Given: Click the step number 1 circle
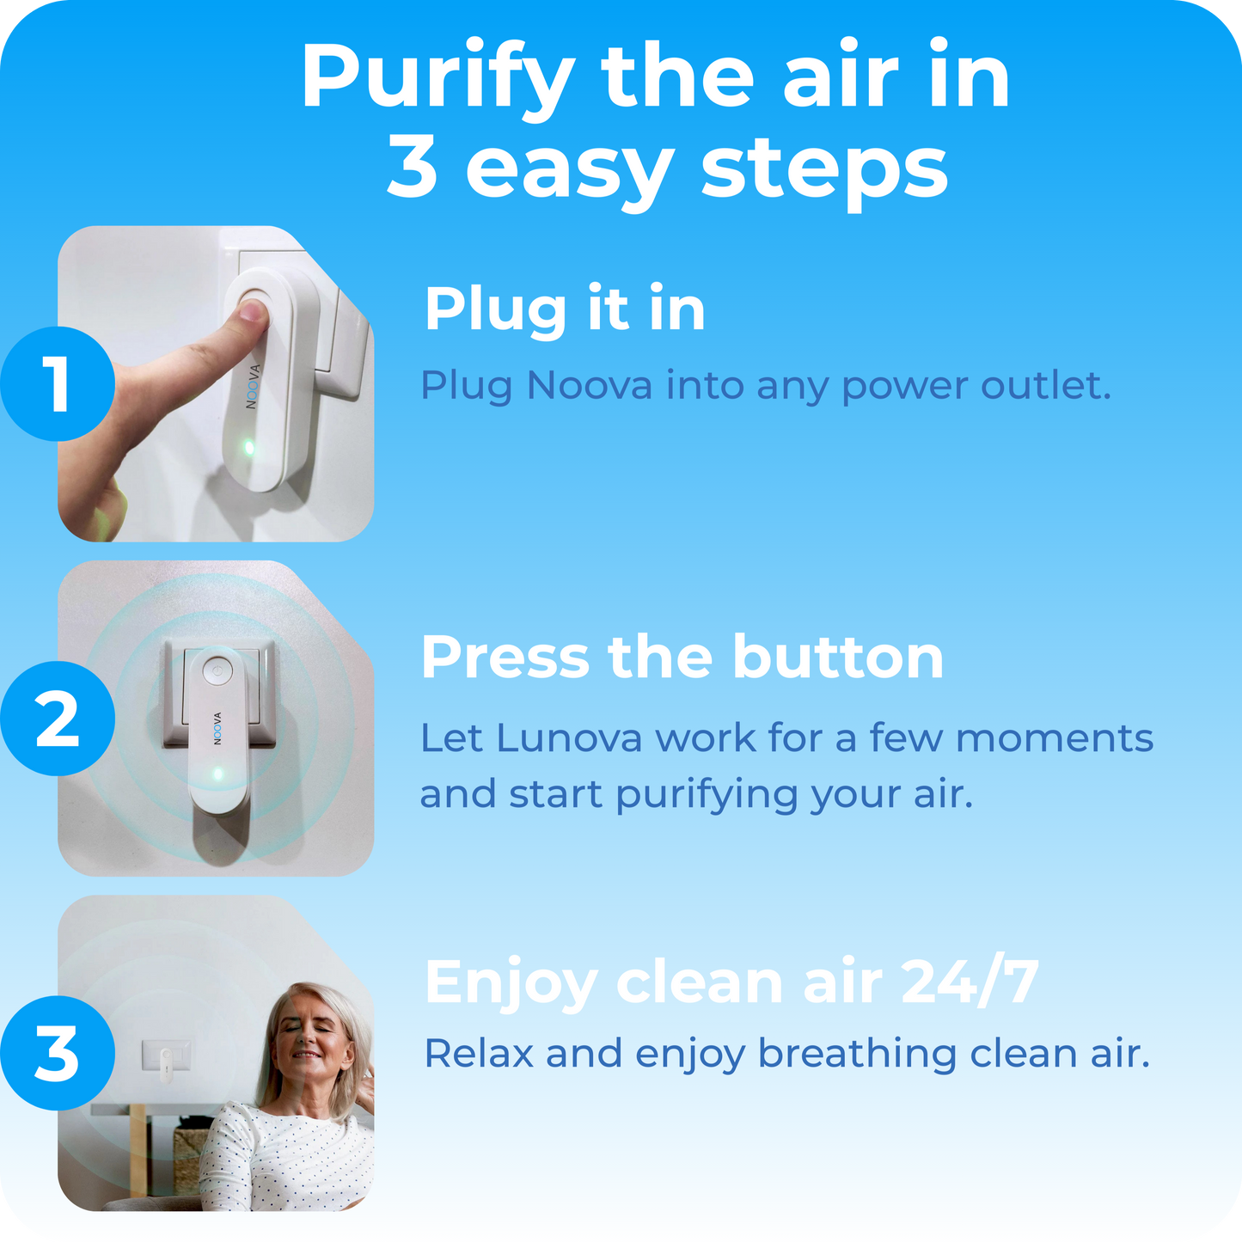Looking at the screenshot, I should coord(58,383).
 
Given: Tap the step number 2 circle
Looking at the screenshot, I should coord(58,719).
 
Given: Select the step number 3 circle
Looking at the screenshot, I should coord(58,1053).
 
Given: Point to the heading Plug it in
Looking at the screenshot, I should coord(565,309).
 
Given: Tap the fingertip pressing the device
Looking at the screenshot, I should coord(252,310).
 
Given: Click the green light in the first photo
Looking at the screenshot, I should coord(248,447).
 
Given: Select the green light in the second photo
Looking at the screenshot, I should coord(217,774).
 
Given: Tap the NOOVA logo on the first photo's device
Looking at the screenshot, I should coord(253,387).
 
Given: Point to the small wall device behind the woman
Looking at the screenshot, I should coord(163,1060).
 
